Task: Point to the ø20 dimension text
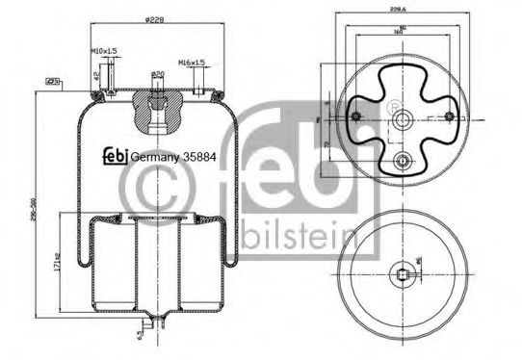coord(158,73)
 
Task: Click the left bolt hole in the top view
coord(355,116)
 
